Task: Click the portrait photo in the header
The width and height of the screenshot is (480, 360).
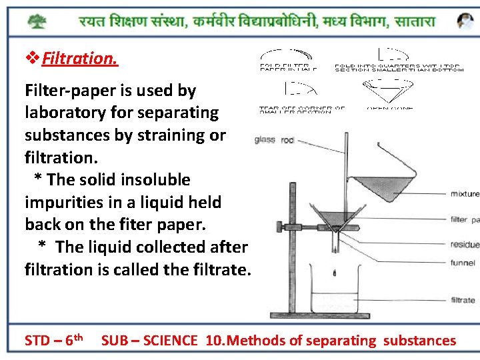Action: [465, 21]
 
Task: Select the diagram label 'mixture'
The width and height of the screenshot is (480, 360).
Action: [465, 194]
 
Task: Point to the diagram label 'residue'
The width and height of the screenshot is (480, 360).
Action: [465, 245]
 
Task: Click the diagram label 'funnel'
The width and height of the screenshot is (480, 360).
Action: [463, 263]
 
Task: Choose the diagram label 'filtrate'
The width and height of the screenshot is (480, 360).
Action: [463, 300]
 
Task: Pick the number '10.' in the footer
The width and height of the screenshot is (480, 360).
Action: [215, 341]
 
